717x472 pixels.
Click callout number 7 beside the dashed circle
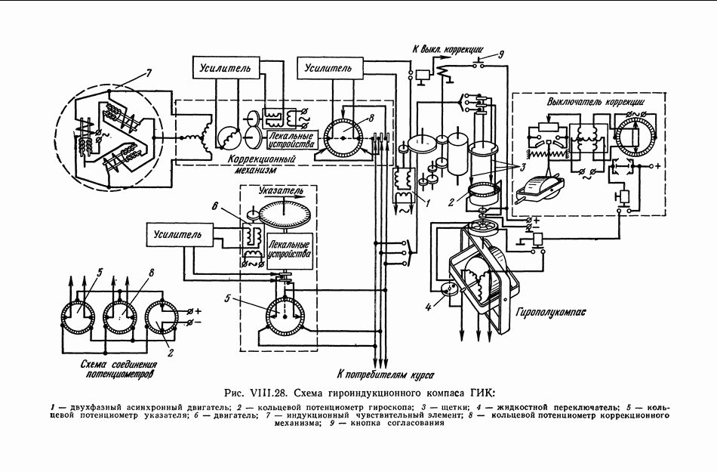[x=148, y=72]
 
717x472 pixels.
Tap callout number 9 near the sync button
[x=500, y=55]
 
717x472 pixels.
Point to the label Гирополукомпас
[x=550, y=313]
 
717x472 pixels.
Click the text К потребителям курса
[x=386, y=375]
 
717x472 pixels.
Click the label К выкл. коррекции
[x=448, y=49]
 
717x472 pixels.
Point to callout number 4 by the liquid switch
[x=429, y=307]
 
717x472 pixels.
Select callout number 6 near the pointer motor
[x=214, y=206]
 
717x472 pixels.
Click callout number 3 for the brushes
[x=522, y=166]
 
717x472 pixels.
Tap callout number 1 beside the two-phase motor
[x=427, y=203]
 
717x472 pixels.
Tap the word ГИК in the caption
[x=483, y=393]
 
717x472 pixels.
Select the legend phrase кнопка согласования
[x=397, y=423]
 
